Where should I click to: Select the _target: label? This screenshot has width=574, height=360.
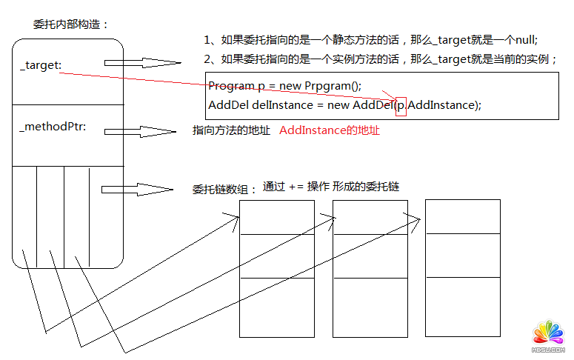coord(40,66)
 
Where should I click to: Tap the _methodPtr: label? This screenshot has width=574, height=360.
coord(53,127)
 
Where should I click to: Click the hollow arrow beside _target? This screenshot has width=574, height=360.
coord(142,64)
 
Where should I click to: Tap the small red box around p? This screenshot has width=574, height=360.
coord(401,106)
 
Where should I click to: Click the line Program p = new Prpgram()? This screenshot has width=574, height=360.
coord(284,85)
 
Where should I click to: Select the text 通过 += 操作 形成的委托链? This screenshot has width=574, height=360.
coord(331,187)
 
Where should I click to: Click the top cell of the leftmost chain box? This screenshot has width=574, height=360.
coord(277,217)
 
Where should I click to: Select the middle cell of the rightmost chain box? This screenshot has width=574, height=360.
coord(463,254)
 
